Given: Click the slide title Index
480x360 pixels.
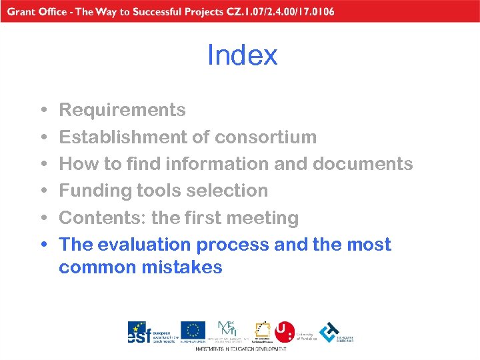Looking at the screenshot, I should tap(242, 55).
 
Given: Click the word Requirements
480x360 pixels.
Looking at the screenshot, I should tap(123, 110).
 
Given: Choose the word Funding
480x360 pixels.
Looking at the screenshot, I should tap(95, 191).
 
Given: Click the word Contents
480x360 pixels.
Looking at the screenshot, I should tap(102, 218).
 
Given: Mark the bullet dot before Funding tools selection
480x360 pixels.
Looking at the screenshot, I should tap(43, 191).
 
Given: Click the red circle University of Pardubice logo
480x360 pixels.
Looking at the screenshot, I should tap(285, 331).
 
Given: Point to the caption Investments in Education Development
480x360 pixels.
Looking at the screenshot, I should tap(241, 349).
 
